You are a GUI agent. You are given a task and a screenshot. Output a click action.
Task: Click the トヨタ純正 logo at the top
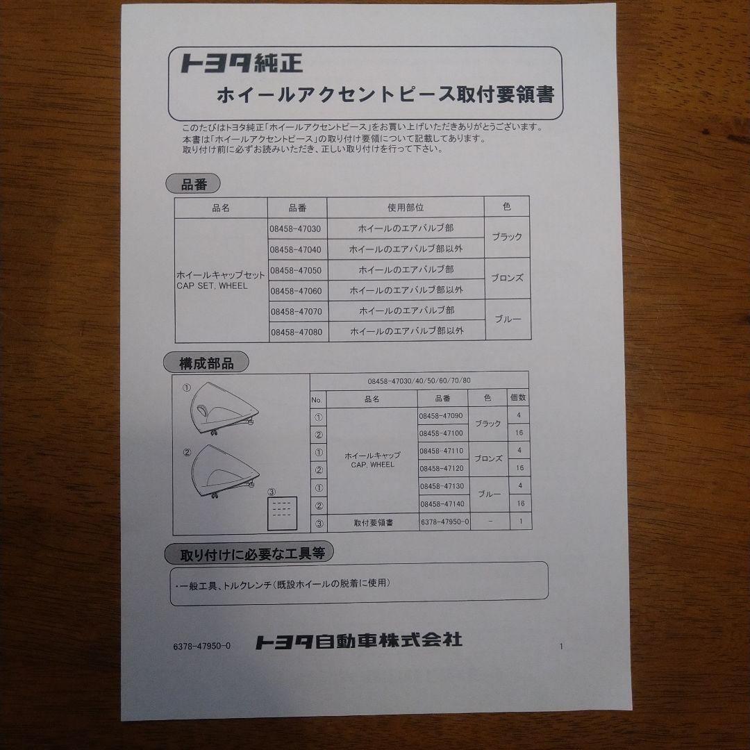click(x=241, y=64)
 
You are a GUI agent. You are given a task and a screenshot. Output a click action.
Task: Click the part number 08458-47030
click(x=295, y=228)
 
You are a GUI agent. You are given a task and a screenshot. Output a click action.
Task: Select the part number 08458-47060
click(x=295, y=290)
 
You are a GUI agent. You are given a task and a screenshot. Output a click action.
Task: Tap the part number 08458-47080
click(x=295, y=332)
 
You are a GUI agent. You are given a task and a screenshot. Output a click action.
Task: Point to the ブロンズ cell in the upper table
click(x=507, y=278)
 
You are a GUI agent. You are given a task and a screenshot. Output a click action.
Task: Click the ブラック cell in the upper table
click(x=507, y=237)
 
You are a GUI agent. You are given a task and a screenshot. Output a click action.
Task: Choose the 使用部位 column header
click(x=406, y=208)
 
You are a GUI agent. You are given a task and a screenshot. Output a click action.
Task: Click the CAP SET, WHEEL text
click(x=212, y=285)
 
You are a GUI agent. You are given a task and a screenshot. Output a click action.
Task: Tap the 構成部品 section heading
click(x=206, y=362)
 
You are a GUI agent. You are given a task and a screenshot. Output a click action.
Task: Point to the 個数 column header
click(x=518, y=398)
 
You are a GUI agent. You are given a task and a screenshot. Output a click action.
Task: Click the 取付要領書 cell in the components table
click(x=373, y=522)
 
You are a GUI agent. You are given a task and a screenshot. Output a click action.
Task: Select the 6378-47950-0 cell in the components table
click(x=445, y=522)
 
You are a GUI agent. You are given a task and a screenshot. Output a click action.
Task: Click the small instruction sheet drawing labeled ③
click(x=283, y=512)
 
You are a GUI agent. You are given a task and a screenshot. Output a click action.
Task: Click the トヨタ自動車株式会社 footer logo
click(x=358, y=641)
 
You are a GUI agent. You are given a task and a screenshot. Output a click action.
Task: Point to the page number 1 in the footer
click(x=561, y=647)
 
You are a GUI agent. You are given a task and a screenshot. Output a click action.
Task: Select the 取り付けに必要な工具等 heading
click(x=249, y=554)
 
